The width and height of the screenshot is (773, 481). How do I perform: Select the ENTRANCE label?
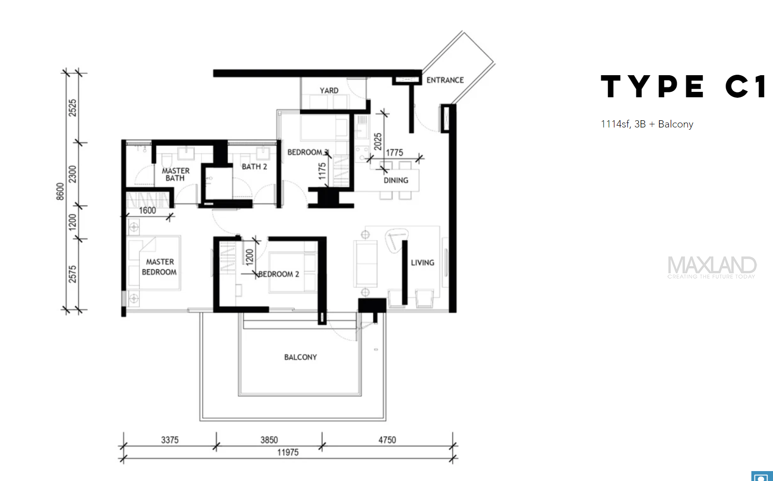(445, 80)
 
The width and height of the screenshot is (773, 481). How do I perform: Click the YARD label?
(329, 91)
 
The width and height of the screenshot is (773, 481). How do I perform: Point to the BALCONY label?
(301, 357)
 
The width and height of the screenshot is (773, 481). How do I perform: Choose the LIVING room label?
(422, 263)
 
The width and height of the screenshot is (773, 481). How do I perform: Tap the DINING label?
(396, 180)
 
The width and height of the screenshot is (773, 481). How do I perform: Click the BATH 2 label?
(254, 167)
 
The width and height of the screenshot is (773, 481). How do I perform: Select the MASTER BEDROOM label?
(160, 267)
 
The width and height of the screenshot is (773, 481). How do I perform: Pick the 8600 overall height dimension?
(60, 191)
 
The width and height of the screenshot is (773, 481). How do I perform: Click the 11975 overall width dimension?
(288, 453)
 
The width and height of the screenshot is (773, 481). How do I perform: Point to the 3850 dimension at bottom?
(269, 440)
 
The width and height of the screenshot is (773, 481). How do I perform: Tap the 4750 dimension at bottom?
(387, 440)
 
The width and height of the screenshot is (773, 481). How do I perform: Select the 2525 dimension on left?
(73, 108)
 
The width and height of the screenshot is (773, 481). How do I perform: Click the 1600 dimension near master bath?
(147, 210)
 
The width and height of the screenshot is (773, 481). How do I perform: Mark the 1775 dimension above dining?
(394, 153)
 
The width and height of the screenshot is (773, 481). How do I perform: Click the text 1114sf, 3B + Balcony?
(647, 124)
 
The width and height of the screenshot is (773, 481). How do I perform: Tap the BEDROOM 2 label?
(279, 274)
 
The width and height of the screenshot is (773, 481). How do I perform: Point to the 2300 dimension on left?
(73, 174)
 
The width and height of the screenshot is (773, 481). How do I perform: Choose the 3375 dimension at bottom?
(170, 440)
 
